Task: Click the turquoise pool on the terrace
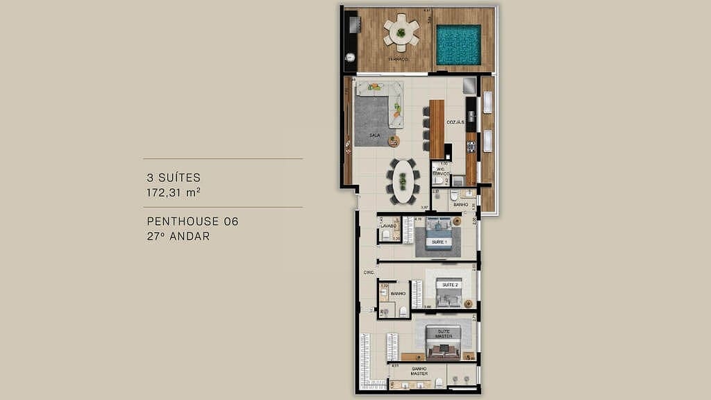[x=458, y=45]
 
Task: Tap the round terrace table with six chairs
[x=401, y=32]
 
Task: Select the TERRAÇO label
[x=399, y=60]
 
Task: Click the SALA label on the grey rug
[x=374, y=135]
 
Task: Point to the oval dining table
[x=402, y=181]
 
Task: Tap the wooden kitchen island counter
[x=436, y=128]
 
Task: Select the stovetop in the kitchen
[x=471, y=147]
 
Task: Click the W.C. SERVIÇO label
[x=440, y=170]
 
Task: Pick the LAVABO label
[x=387, y=226]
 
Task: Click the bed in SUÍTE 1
[x=439, y=234]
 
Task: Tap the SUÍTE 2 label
[x=449, y=285]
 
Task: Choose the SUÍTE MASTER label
[x=444, y=334]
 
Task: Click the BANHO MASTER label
[x=419, y=372]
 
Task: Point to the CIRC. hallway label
[x=369, y=273]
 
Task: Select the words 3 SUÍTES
[x=174, y=178]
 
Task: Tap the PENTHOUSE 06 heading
[x=192, y=222]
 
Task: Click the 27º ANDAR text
[x=178, y=236]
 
